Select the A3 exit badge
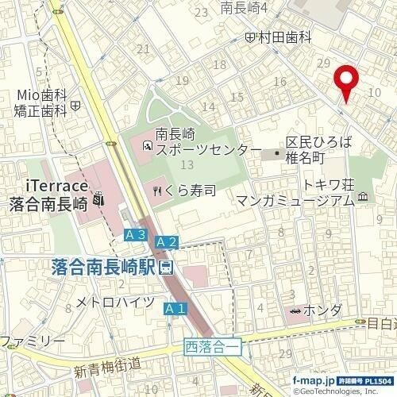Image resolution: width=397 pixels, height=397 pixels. [135, 235]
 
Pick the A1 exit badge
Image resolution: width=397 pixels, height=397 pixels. [175, 308]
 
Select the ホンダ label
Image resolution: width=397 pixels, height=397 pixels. [323, 310]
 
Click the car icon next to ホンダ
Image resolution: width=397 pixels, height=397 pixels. [296, 310]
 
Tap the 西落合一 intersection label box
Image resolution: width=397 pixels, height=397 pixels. [212, 345]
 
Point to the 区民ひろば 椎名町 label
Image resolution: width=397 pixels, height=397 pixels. [318, 151]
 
